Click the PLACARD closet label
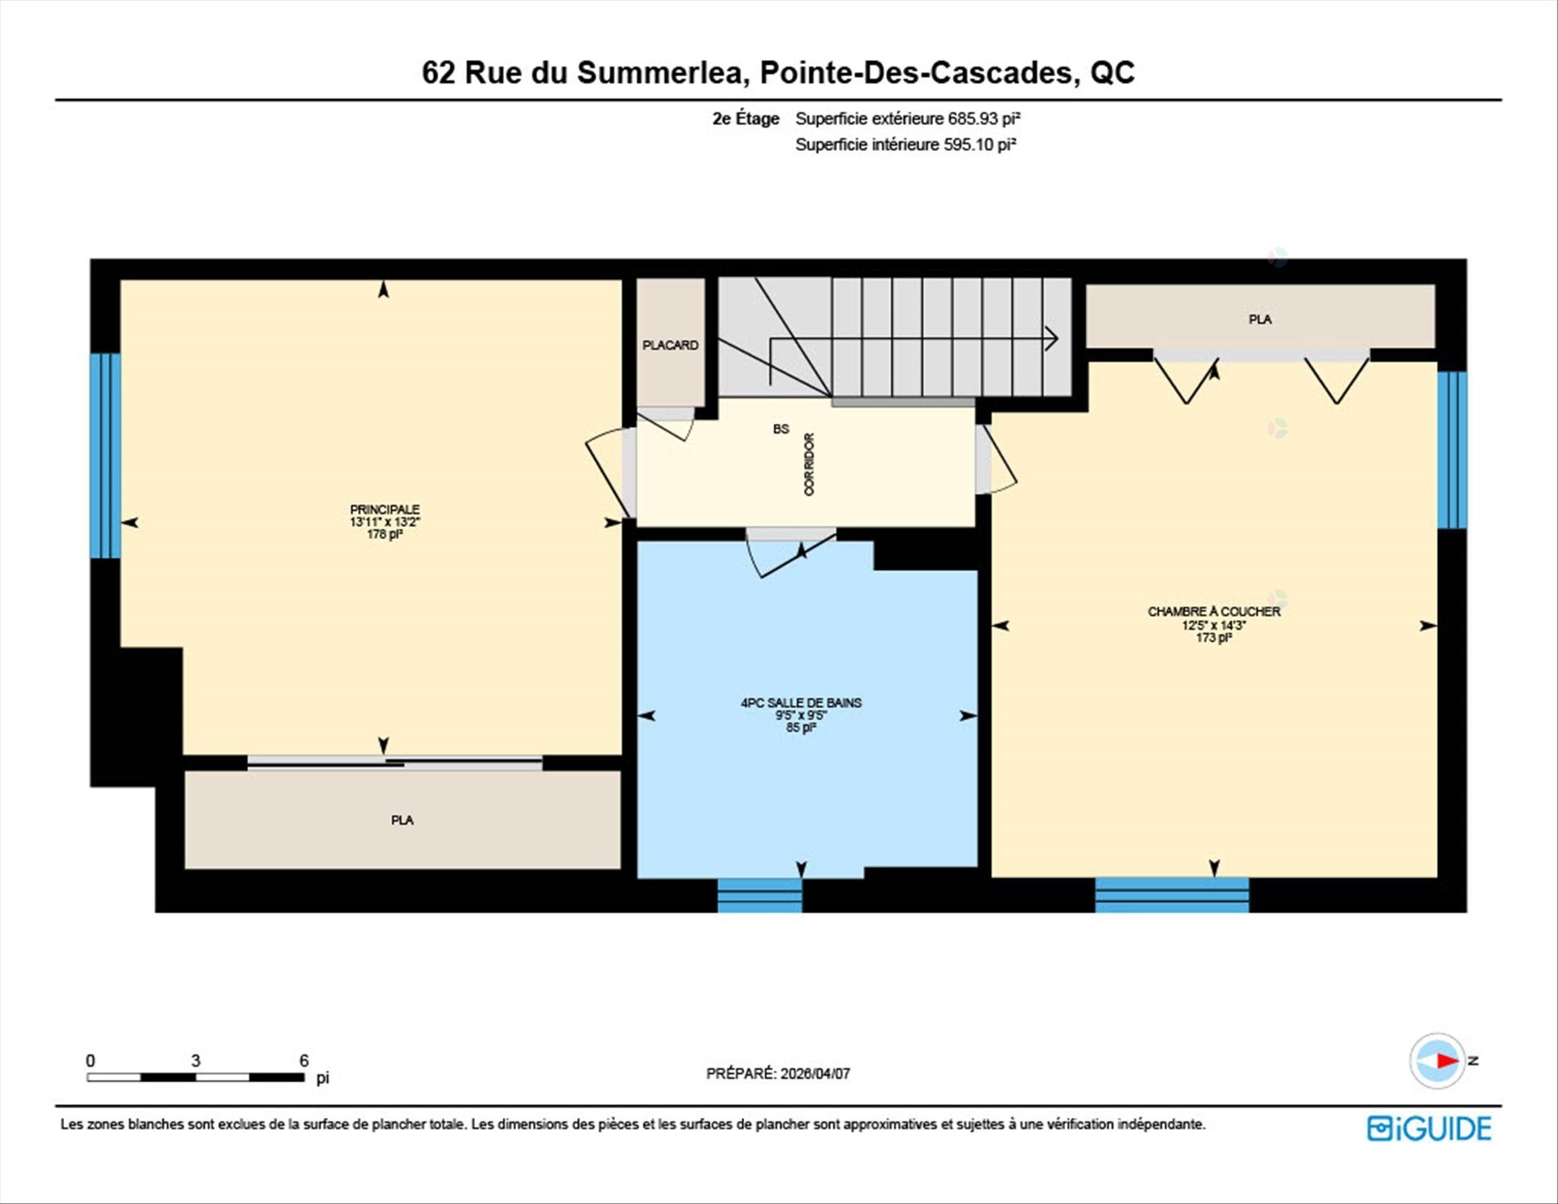(670, 345)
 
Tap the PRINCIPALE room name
(385, 509)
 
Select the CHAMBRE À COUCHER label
(1214, 611)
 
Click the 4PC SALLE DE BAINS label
(801, 702)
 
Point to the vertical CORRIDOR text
(809, 464)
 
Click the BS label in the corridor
(781, 429)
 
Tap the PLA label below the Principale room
(402, 820)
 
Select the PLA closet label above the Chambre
(1259, 319)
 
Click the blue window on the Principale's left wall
(105, 455)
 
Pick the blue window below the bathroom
(760, 895)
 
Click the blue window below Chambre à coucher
(1172, 895)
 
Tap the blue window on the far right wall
(1452, 450)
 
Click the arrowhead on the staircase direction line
(1052, 339)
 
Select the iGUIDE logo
(1429, 1128)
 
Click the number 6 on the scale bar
(303, 1060)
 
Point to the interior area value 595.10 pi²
(979, 145)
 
